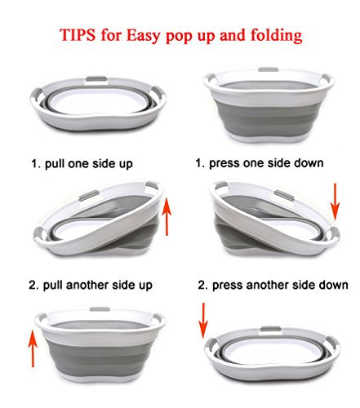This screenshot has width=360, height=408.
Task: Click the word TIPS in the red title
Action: [x=78, y=34]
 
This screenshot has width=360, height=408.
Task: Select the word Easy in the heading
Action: [x=144, y=35]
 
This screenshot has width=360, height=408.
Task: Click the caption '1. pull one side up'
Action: [x=82, y=164]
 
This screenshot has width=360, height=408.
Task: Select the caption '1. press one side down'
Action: [x=260, y=163]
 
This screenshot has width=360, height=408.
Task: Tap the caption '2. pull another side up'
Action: [x=91, y=285]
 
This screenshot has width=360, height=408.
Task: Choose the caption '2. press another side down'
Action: [x=273, y=285]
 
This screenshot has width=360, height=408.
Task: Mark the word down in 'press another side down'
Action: [x=333, y=285]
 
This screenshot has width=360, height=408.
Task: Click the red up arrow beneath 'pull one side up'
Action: [x=167, y=216]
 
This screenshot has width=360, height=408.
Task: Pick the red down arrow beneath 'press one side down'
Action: [x=336, y=202]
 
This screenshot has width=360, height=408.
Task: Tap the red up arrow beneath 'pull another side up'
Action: [x=33, y=348]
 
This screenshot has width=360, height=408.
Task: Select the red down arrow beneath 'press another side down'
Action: [x=203, y=321]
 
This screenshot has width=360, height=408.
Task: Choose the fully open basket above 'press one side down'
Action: [x=269, y=104]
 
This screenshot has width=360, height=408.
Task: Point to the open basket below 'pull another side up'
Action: [x=100, y=344]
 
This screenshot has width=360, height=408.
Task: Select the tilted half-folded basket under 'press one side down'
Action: [x=274, y=220]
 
